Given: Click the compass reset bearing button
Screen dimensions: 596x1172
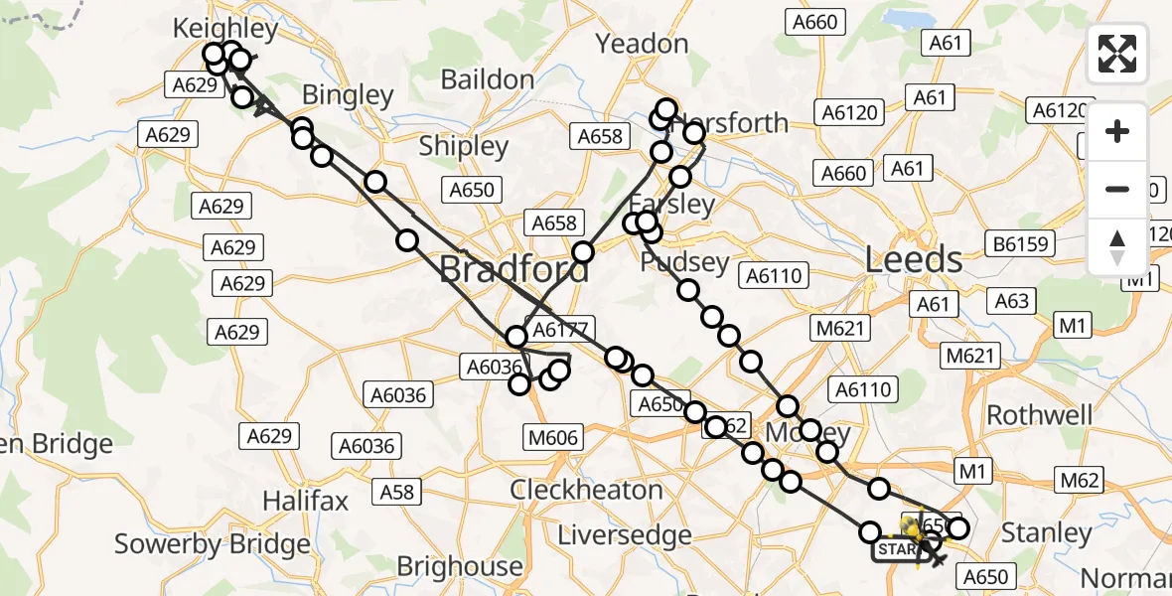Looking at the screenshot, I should (1117, 247).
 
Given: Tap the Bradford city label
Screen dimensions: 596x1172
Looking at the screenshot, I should (513, 269).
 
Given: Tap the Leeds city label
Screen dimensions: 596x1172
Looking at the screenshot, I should (914, 260).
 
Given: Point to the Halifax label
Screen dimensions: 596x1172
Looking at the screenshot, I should (305, 499).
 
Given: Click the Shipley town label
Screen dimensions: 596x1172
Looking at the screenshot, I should (463, 145).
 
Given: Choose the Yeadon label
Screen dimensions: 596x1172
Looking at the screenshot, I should (642, 44).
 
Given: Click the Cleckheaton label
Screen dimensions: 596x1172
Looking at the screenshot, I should (586, 490).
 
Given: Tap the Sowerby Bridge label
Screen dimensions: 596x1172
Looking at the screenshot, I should (213, 544).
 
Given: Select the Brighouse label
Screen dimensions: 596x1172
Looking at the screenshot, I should (459, 566).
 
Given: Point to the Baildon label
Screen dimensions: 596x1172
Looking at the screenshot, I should (487, 79).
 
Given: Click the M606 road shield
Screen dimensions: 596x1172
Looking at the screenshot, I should (554, 437).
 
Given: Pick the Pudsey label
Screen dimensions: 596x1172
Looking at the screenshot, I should (685, 263).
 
